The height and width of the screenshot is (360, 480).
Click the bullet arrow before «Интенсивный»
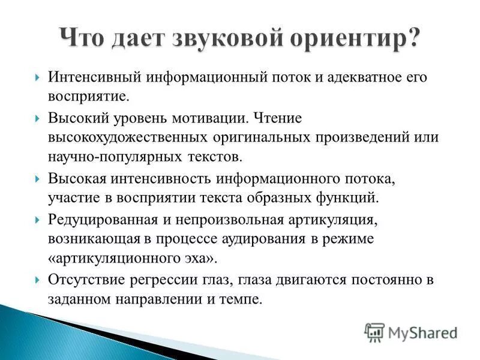[38, 79]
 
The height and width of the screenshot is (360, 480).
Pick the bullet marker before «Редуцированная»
[38, 220]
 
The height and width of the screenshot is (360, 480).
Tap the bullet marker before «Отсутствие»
[38, 280]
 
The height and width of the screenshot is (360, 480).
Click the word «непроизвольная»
[218, 220]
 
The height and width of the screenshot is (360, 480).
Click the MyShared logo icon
[374, 332]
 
